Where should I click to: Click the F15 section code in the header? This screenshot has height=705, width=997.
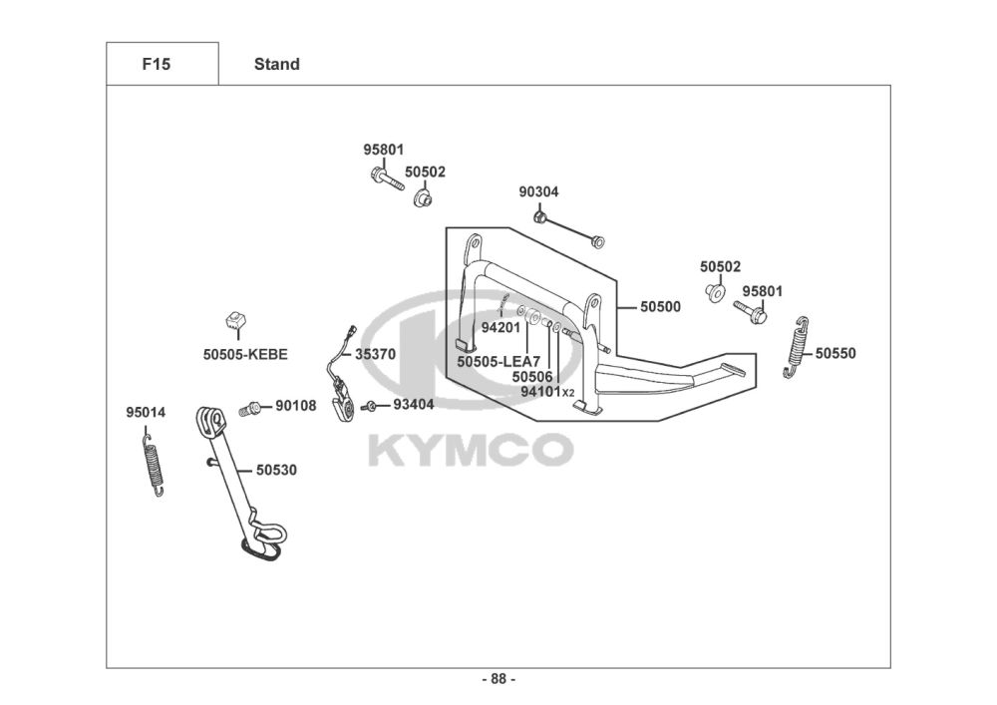click(x=157, y=64)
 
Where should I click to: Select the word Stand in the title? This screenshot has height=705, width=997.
click(x=276, y=64)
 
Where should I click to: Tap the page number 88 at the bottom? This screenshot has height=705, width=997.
click(x=498, y=680)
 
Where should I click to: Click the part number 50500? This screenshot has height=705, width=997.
click(x=660, y=307)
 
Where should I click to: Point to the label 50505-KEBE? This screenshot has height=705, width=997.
click(x=245, y=354)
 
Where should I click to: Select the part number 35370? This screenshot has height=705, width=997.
click(x=375, y=354)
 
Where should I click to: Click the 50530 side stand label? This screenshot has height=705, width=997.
click(x=276, y=469)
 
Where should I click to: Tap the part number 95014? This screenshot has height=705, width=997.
click(x=146, y=413)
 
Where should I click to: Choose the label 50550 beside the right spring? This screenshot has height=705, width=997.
click(x=835, y=353)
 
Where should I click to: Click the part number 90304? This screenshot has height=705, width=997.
click(x=538, y=191)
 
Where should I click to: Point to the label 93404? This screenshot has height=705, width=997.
click(x=413, y=405)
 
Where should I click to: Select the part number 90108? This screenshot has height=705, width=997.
click(x=296, y=406)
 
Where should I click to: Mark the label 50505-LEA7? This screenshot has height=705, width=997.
click(x=498, y=362)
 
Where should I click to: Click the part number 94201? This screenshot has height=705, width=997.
click(x=500, y=327)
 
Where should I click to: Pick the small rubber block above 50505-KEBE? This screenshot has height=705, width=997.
click(x=234, y=322)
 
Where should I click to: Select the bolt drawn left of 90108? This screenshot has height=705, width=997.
click(x=249, y=408)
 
